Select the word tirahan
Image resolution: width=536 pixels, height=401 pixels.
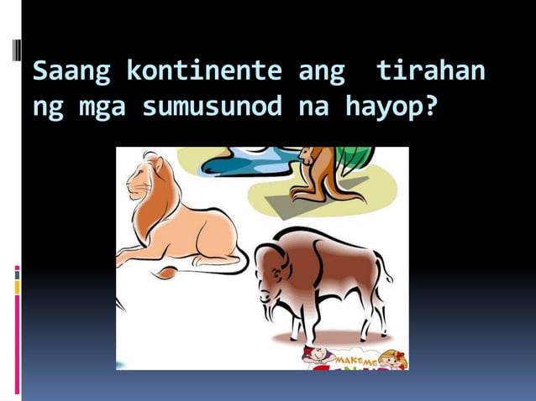pyautogui.click(x=430, y=73)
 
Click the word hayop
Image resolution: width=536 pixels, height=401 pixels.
pyautogui.click(x=379, y=107)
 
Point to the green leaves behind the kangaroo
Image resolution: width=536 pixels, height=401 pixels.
pyautogui.click(x=353, y=159)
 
